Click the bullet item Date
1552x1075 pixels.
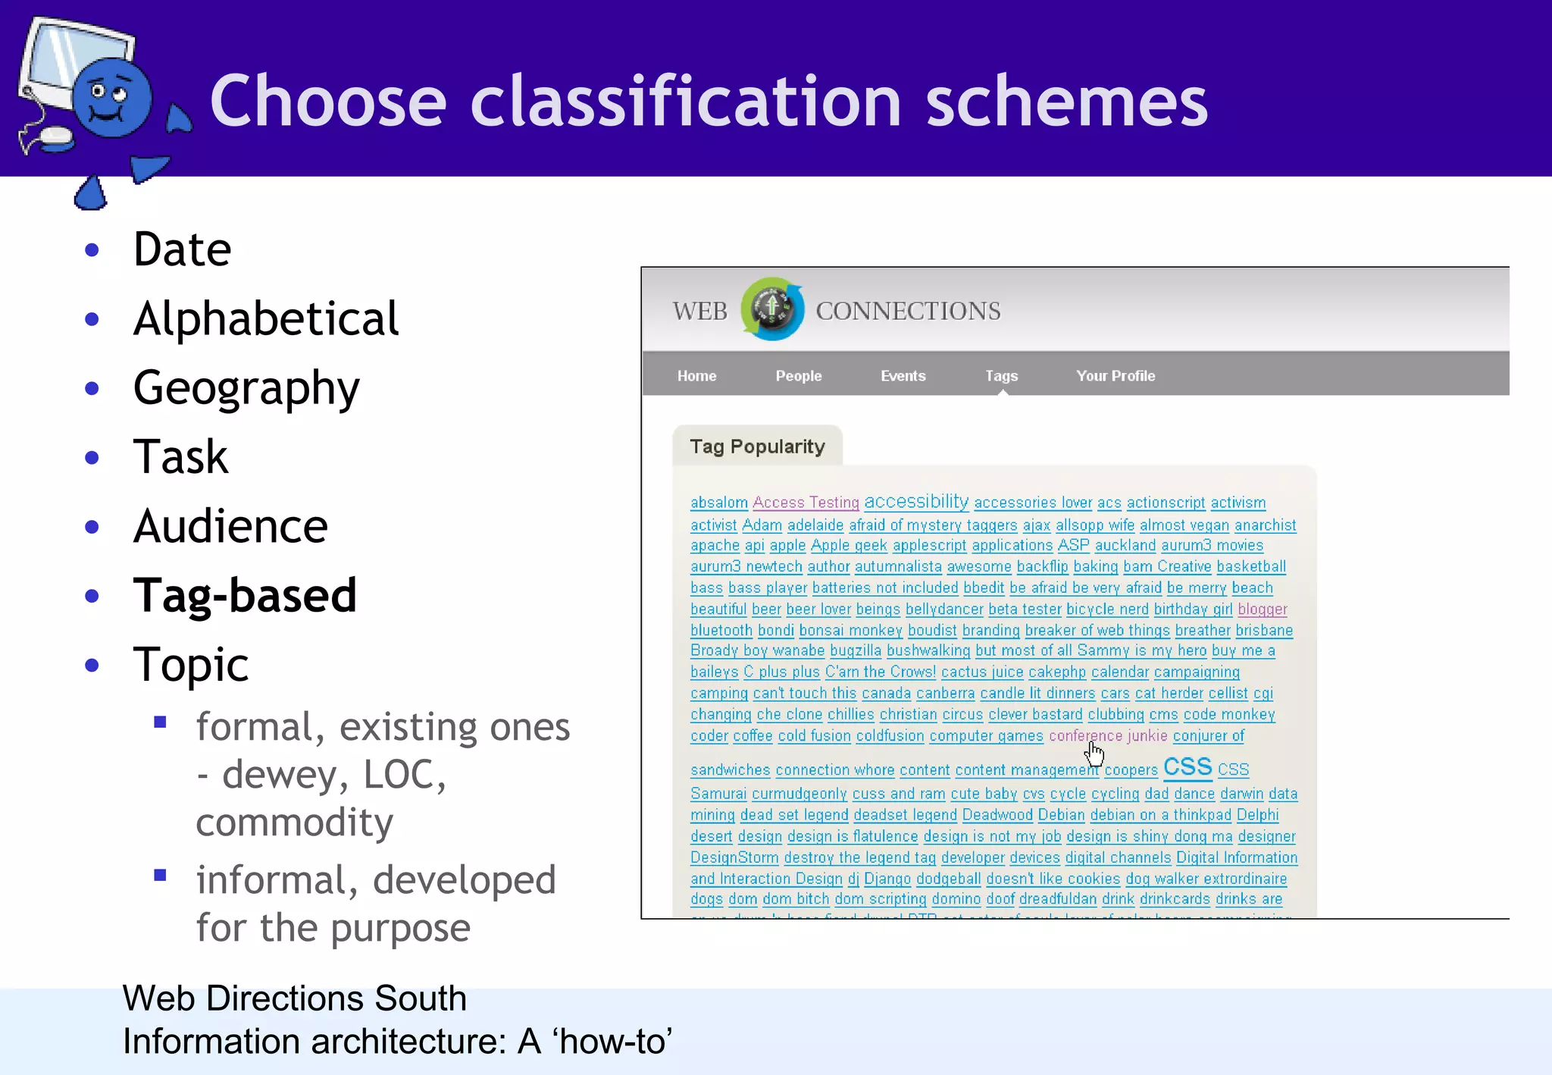182,249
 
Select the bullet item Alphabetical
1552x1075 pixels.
265,318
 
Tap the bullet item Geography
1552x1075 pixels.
246,388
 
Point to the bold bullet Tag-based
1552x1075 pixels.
245,596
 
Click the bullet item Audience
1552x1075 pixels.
230,526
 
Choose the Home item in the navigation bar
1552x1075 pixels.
696,376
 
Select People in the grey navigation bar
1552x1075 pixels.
798,376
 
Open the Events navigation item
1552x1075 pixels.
903,376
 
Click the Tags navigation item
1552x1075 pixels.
1001,376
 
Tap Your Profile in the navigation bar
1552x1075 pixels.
1115,376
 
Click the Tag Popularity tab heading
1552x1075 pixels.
757,447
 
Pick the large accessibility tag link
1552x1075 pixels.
916,501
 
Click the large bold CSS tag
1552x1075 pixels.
1187,767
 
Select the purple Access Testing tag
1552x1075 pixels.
806,503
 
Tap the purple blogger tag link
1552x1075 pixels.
1263,609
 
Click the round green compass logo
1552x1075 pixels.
771,309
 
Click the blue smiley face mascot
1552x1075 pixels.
112,99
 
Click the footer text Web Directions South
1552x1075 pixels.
294,998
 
